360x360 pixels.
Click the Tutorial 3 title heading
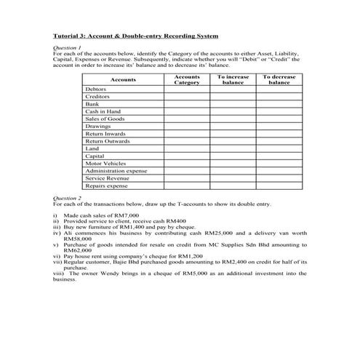(x=136, y=35)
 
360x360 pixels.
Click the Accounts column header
(x=124, y=79)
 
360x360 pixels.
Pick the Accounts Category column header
(x=187, y=79)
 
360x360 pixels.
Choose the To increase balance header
(x=233, y=79)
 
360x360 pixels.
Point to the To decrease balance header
(x=279, y=79)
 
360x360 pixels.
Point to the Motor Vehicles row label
(x=105, y=163)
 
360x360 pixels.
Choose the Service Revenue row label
(x=107, y=178)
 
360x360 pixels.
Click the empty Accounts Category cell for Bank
(x=187, y=103)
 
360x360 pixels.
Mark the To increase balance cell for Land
(x=233, y=148)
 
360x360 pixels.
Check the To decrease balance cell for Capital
(x=279, y=156)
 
